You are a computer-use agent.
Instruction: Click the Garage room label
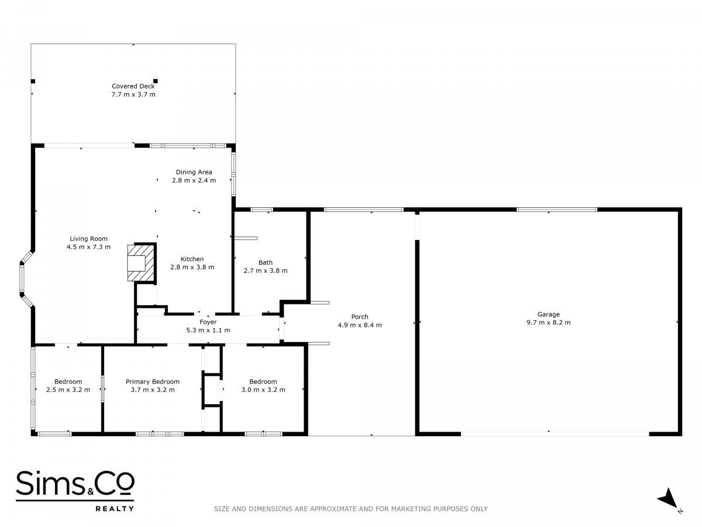click(549, 314)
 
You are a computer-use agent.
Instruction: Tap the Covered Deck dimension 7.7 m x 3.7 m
click(133, 94)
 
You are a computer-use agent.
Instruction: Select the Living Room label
click(88, 239)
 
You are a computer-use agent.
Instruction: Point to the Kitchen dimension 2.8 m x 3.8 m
click(192, 267)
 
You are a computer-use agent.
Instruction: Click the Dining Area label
click(194, 172)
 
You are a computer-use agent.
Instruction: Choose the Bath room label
click(266, 262)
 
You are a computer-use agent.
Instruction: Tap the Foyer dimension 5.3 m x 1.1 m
click(208, 330)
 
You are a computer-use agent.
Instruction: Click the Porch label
click(360, 317)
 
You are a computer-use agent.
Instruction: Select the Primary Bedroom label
click(153, 382)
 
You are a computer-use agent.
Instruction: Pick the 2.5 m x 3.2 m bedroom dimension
click(68, 390)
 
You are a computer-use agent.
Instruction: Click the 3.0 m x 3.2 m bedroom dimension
click(263, 390)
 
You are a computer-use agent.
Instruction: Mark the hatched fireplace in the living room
click(141, 263)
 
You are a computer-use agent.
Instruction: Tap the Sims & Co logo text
click(75, 484)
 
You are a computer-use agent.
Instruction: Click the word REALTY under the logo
click(115, 509)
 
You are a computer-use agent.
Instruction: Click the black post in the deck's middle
click(156, 81)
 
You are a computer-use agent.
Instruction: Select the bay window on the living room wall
click(26, 279)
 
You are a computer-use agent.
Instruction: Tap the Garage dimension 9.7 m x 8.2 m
click(549, 323)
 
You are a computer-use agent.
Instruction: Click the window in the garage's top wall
click(557, 210)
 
